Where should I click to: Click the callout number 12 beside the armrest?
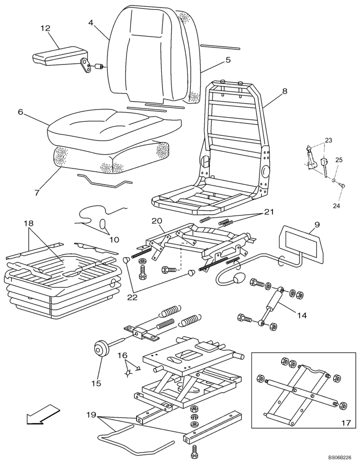tap(45, 29)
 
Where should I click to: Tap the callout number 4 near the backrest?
tap(91, 21)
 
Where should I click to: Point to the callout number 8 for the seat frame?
tap(284, 91)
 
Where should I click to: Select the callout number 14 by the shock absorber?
tap(302, 316)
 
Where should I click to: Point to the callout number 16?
tap(122, 355)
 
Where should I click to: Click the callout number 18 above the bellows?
tap(28, 224)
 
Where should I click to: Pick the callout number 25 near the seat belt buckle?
tap(339, 160)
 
